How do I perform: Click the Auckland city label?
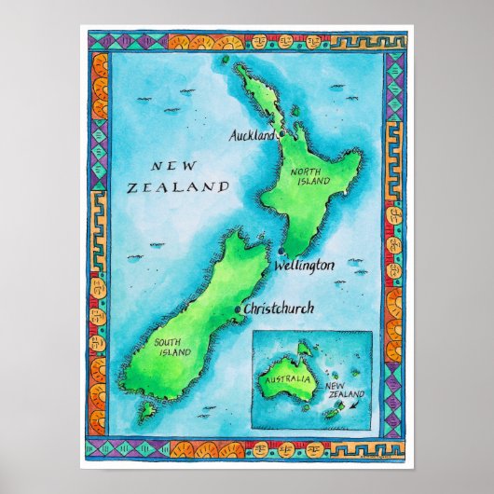coord(251,136)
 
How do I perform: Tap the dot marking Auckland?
coord(281,134)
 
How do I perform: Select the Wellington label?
coord(304,267)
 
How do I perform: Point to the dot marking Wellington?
coord(279,251)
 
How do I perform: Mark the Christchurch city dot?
coord(240,308)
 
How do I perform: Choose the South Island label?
coord(173,347)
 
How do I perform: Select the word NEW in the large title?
coord(173,166)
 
